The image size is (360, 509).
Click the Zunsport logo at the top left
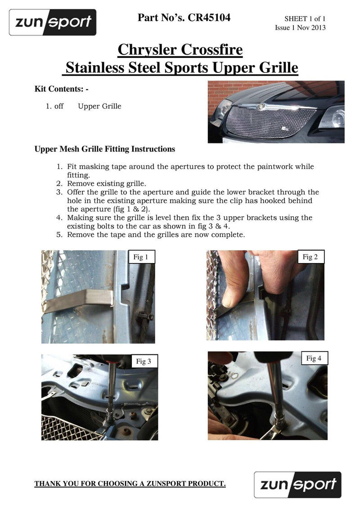pyautogui.click(x=52, y=22)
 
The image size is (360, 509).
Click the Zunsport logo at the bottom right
pyautogui.click(x=297, y=484)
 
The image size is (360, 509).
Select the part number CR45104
pyautogui.click(x=210, y=18)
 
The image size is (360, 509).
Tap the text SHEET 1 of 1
pyautogui.click(x=305, y=19)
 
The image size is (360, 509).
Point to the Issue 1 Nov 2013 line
pyautogui.click(x=300, y=28)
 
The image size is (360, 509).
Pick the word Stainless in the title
pyautogui.click(x=95, y=68)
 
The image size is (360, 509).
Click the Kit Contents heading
pyautogui.click(x=62, y=89)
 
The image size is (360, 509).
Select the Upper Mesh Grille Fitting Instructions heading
pyautogui.click(x=105, y=149)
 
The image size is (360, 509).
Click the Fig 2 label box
pyautogui.click(x=310, y=257)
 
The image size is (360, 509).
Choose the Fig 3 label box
pyautogui.click(x=144, y=361)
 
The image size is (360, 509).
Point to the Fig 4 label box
pyautogui.click(x=314, y=358)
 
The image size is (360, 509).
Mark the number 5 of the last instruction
pyautogui.click(x=59, y=235)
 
